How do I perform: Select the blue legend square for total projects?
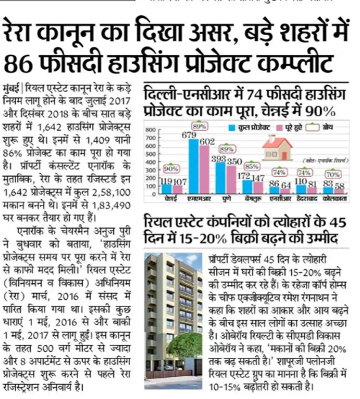(x=231, y=128)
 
